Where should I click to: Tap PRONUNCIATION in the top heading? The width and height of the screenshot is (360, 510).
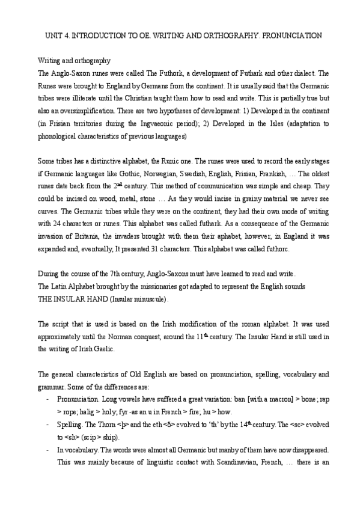(x=290, y=36)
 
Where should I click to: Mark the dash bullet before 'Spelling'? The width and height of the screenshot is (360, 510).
(x=47, y=424)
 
